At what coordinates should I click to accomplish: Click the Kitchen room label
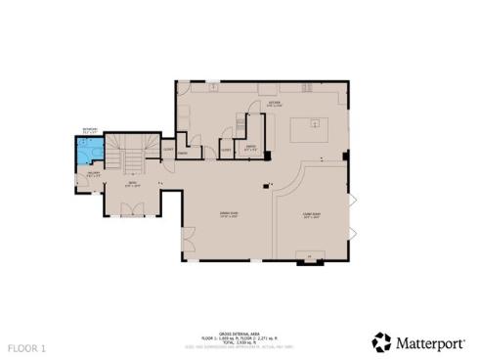point(275,103)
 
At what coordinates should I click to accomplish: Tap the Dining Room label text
point(229,214)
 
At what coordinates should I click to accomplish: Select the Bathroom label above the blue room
point(89,131)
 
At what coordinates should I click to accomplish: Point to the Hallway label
point(95,175)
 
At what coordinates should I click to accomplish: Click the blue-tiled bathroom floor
point(89,153)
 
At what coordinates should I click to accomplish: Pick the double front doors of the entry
point(130,208)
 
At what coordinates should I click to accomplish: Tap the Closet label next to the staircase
point(168,149)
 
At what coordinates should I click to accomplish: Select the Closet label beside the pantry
point(227,150)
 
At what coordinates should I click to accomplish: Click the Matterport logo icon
point(381,342)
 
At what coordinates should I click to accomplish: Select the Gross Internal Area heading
point(234,333)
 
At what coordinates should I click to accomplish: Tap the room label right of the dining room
point(311,215)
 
